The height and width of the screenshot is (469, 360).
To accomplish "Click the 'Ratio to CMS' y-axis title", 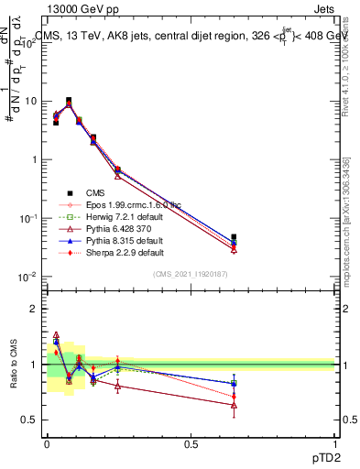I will click(13, 365).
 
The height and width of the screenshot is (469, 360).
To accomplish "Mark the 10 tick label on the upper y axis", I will click(32, 101).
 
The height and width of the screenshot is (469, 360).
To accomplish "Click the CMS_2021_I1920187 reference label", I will click(191, 274).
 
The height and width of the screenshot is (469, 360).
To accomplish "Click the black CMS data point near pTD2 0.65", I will click(234, 237).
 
